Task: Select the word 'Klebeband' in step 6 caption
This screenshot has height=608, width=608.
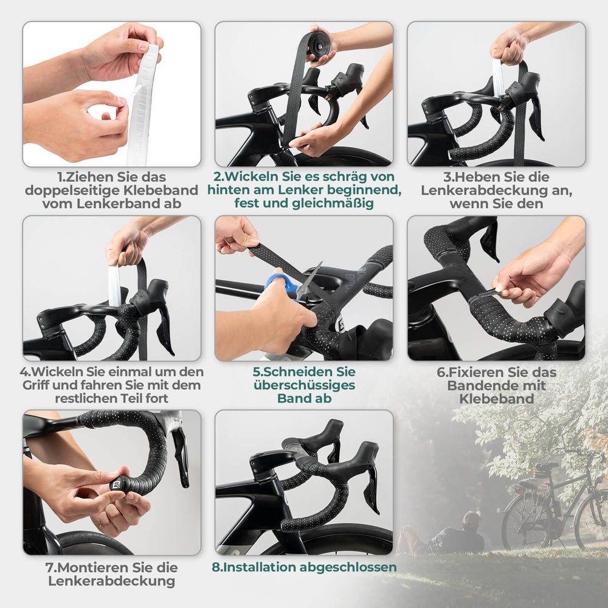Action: coord(496,399)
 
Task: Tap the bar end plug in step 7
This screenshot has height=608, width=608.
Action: coord(116,485)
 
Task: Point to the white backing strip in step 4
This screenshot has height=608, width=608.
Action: coord(114,285)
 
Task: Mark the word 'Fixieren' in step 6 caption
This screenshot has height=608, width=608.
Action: coord(474,371)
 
